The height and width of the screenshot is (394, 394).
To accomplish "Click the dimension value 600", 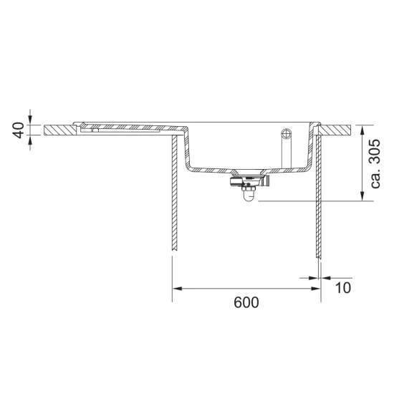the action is pyautogui.click(x=246, y=302).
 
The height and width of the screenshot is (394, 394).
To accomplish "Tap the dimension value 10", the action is pyautogui.click(x=342, y=288).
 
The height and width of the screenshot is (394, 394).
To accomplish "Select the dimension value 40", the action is pyautogui.click(x=19, y=130).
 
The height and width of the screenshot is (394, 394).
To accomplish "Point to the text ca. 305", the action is pyautogui.click(x=375, y=163).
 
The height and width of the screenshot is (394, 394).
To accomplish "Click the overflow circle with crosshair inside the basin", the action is pyautogui.click(x=287, y=133).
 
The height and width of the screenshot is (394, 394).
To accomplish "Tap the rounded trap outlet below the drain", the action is pyautogui.click(x=249, y=196).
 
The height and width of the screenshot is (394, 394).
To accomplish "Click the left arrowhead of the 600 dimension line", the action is pyautogui.click(x=177, y=289).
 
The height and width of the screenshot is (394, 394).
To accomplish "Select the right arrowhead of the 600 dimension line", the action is pyautogui.click(x=316, y=289).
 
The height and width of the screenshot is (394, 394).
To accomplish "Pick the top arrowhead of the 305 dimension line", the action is pyautogui.click(x=362, y=130).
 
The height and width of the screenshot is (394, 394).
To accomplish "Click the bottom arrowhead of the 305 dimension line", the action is pyautogui.click(x=362, y=196).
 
